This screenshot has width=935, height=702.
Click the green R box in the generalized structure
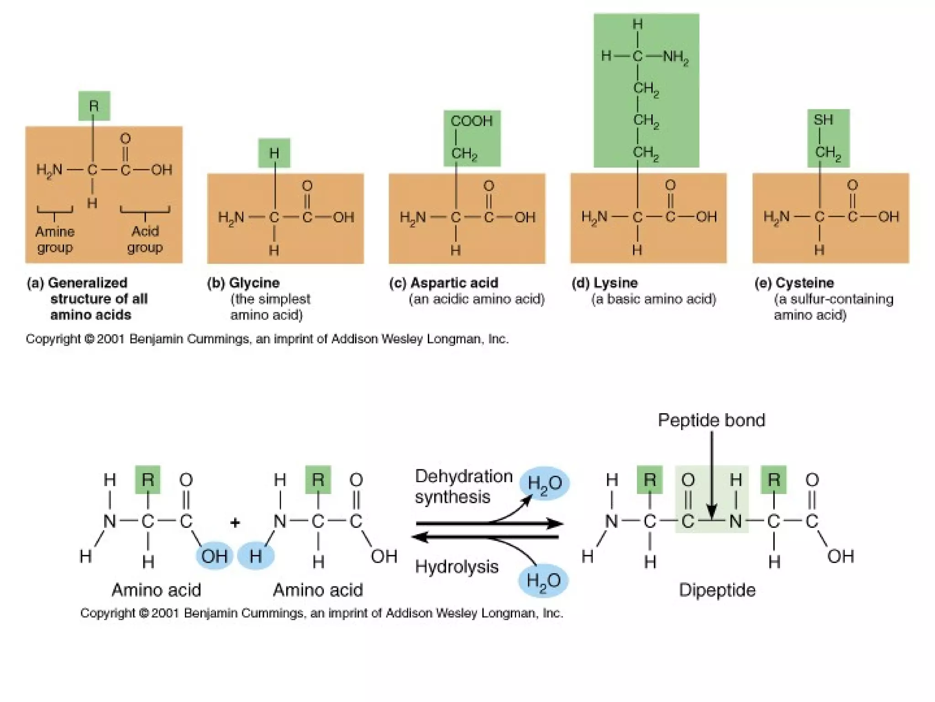pos(94,106)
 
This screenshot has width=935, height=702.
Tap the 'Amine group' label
pos(55,239)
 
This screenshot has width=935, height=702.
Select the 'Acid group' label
pos(145,239)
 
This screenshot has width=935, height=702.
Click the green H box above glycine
pos(274,153)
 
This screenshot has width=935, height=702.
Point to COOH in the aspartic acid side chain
pos(472,121)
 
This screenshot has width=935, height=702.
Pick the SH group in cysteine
pos(823,120)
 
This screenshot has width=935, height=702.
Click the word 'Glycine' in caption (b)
pos(254,283)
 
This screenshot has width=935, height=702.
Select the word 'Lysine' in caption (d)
pos(615,283)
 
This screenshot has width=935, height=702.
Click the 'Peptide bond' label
pos(711,420)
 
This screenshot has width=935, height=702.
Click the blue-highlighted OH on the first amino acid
pos(214,556)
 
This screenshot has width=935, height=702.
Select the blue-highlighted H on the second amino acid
pos(256,556)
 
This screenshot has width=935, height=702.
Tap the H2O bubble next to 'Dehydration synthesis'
pos(544,483)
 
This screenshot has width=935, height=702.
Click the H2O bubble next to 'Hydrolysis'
pos(543,581)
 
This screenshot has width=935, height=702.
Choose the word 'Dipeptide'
pos(717,590)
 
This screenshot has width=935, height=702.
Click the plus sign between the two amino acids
pos(235,522)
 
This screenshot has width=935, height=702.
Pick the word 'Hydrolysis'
pos(457,567)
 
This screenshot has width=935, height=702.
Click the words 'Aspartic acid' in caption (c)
pos(454,283)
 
